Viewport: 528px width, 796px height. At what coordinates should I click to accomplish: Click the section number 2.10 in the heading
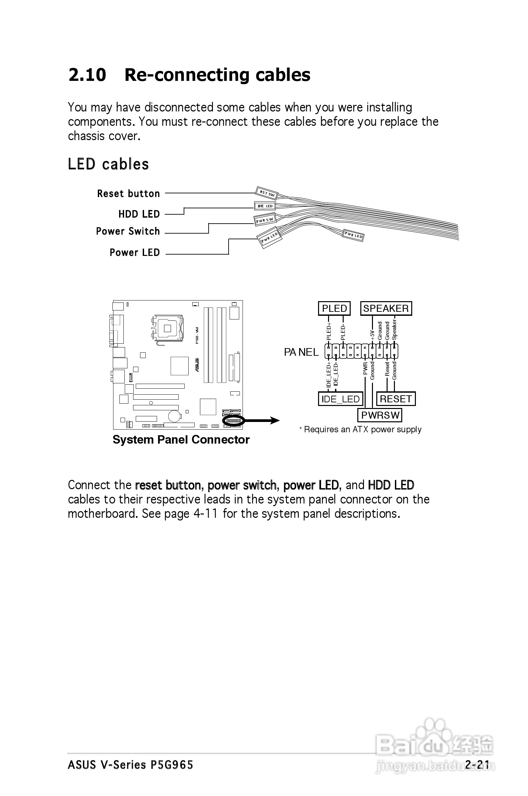(87, 75)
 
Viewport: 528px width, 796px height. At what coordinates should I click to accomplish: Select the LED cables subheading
(108, 164)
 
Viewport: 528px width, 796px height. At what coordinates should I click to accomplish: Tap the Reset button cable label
(128, 194)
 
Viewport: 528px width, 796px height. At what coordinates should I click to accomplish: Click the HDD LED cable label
(139, 214)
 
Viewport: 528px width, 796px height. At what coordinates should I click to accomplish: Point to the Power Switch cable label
(128, 231)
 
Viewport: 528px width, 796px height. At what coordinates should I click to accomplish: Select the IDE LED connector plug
(265, 206)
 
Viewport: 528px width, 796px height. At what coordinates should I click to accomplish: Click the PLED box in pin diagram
(334, 308)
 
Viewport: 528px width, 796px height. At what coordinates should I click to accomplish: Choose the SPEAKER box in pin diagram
(386, 308)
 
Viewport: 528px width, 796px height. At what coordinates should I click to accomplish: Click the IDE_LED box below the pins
(340, 399)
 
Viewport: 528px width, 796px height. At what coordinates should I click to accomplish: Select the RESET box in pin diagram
(396, 399)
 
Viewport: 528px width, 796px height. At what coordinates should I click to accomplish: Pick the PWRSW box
(380, 415)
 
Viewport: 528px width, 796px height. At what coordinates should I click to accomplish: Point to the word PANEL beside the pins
(301, 352)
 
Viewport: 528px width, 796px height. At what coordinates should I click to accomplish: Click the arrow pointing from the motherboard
(263, 420)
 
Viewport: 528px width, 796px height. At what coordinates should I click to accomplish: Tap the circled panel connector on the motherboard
(233, 421)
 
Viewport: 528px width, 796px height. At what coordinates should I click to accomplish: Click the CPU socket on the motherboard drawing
(167, 328)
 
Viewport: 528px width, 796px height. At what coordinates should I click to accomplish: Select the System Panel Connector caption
(181, 440)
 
